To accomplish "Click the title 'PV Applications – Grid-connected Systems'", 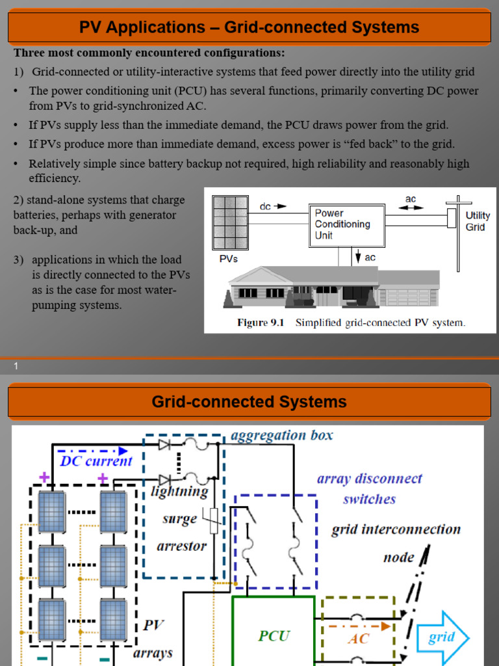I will point(249,27).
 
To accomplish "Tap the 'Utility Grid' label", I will point(478,221).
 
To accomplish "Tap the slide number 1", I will point(16,367).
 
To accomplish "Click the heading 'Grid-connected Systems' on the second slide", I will point(249,402).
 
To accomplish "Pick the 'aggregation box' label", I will point(282,436).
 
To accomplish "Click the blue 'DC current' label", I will point(96,461).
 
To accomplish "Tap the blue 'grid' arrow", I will point(442,636).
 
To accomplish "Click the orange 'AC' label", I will point(359,639).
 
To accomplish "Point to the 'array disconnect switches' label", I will point(369,489).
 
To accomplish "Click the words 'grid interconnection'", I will point(396,529).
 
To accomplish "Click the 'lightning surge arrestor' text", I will point(180,519).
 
